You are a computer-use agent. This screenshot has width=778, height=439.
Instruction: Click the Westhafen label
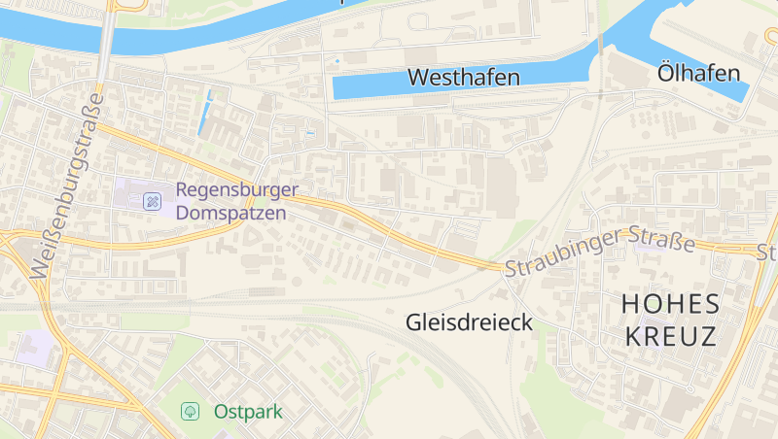pos(463,77)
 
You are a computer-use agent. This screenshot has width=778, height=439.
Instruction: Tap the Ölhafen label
pos(698,73)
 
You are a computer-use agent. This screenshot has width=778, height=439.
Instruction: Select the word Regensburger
pos(236,190)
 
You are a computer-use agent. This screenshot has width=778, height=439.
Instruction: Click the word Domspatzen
pos(231,211)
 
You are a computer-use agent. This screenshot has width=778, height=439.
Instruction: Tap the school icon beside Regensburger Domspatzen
pos(152,201)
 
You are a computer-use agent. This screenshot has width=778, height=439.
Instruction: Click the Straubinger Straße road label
pos(599,255)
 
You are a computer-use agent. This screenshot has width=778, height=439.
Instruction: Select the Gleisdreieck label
pos(469,321)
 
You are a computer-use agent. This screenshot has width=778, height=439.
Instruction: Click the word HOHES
pos(670,304)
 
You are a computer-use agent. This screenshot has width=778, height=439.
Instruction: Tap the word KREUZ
pos(670,337)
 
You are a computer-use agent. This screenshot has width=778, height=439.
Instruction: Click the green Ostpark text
pos(248,412)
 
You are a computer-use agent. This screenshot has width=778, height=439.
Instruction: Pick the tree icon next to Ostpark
pos(191,412)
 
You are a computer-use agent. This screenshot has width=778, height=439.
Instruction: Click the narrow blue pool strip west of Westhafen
pos(205,113)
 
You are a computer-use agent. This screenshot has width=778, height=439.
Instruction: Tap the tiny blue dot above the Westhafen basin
pos(337,61)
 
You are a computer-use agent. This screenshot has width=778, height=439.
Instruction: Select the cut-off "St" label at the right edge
pos(766,253)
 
